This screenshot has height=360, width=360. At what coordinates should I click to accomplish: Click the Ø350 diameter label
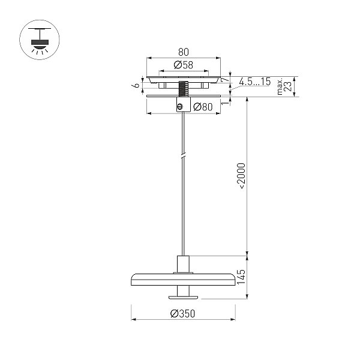pos(183,313)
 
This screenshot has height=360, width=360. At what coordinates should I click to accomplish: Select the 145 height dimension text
pos(241,277)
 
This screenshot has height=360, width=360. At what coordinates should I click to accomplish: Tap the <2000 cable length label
pos(241,176)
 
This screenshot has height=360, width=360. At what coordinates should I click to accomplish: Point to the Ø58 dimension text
pos(184,65)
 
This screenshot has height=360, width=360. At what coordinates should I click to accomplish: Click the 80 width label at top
pos(184,52)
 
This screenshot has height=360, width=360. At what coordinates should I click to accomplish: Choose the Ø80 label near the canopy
pos(203,107)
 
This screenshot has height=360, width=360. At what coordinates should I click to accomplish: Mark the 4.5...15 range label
pos(255,82)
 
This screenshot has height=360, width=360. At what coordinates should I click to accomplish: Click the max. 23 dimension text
pos(284,85)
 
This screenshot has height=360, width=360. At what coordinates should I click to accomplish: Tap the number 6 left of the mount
pos(137,85)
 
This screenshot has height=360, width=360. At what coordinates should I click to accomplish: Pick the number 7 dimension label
pos(225,80)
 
